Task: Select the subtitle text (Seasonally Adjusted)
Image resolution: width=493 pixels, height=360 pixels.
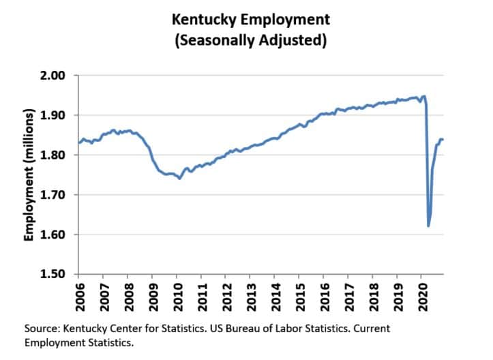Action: [x=248, y=40]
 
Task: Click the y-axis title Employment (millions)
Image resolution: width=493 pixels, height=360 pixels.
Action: [x=29, y=175]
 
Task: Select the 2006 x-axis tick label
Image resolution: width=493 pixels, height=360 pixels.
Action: [x=79, y=295]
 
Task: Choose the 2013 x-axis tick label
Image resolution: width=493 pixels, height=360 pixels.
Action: [x=250, y=295]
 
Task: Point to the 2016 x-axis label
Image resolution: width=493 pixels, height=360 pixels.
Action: [x=323, y=295]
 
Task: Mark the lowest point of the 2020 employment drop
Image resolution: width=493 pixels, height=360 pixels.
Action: [x=428, y=226]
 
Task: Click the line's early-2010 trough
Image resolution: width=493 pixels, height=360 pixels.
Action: [x=179, y=178]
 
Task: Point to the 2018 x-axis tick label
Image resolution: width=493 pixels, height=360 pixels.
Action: [x=372, y=295]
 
